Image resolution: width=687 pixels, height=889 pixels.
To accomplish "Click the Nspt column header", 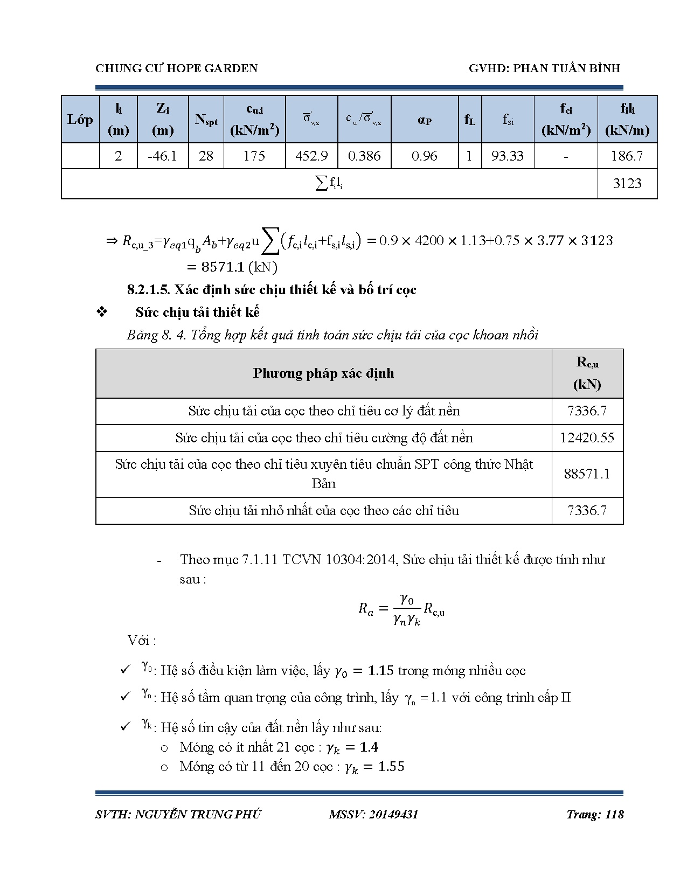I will click(x=206, y=120).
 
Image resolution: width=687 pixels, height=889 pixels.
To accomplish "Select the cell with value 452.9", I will click(x=311, y=156).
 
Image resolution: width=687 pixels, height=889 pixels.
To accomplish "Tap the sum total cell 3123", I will click(x=627, y=184).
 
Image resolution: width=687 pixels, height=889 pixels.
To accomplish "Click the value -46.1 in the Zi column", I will click(x=162, y=156).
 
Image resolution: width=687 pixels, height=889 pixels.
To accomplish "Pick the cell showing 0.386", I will click(x=364, y=156).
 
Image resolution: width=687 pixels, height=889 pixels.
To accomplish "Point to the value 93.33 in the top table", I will click(x=507, y=156).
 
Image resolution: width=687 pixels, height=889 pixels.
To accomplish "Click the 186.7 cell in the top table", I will click(x=627, y=156).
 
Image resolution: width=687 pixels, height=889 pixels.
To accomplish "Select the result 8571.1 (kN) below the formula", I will click(x=232, y=267).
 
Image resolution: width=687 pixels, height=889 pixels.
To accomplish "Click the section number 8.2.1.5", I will click(x=149, y=290).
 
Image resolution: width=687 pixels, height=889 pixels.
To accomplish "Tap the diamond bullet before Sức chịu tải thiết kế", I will click(x=102, y=312).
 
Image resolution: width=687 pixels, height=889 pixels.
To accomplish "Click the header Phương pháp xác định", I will click(x=323, y=373).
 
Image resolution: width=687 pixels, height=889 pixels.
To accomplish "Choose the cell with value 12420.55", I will click(x=587, y=437).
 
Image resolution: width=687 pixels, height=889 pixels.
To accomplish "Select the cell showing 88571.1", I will click(x=587, y=474).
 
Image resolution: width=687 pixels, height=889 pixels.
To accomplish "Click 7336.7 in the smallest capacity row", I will click(x=587, y=510).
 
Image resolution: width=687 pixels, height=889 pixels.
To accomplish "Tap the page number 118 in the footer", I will click(x=614, y=814).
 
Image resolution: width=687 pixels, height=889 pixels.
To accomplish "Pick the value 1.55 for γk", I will click(x=391, y=766).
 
